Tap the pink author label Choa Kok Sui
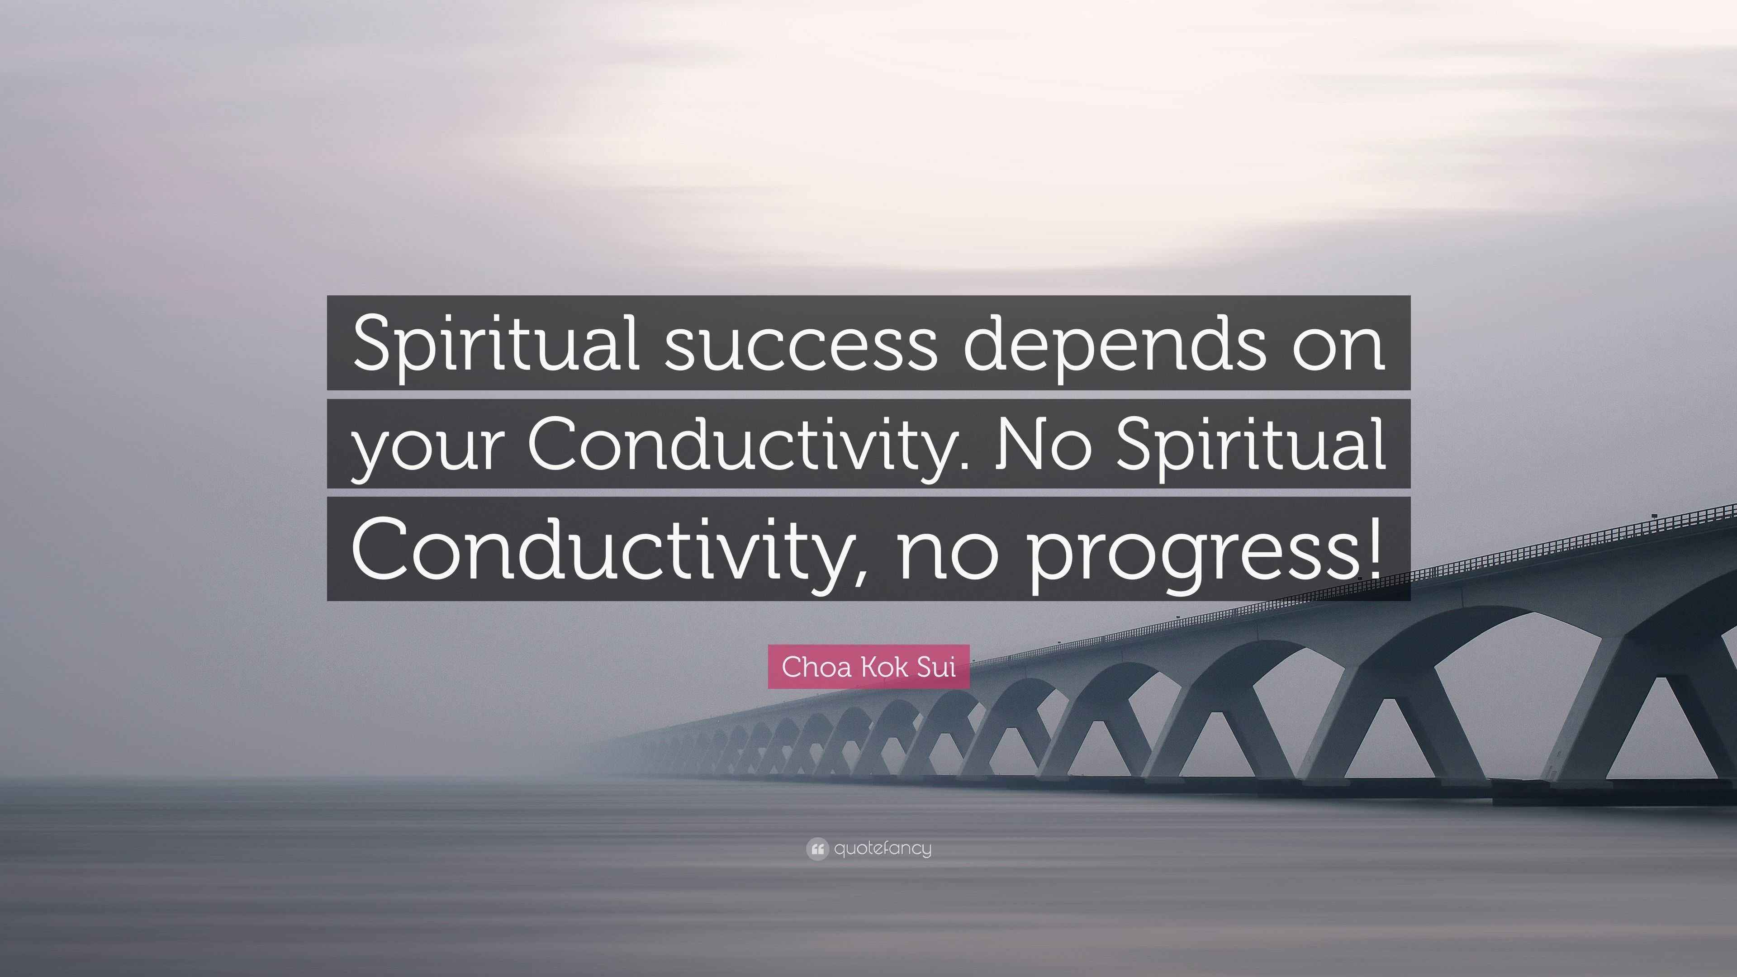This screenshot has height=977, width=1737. coord(868,667)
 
